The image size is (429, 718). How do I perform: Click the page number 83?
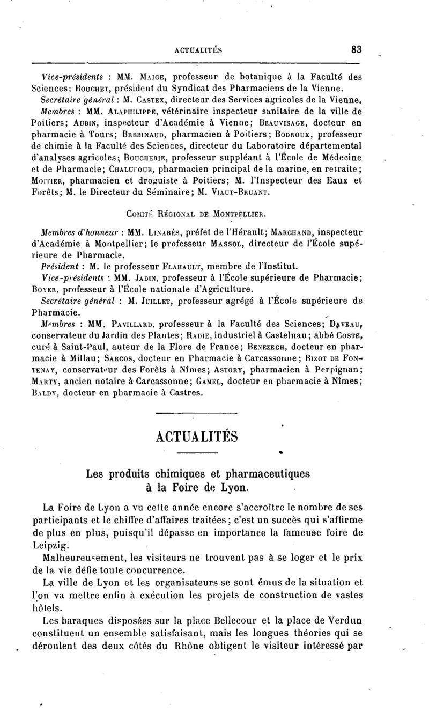(x=357, y=49)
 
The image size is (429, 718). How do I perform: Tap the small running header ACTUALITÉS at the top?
(x=199, y=50)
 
